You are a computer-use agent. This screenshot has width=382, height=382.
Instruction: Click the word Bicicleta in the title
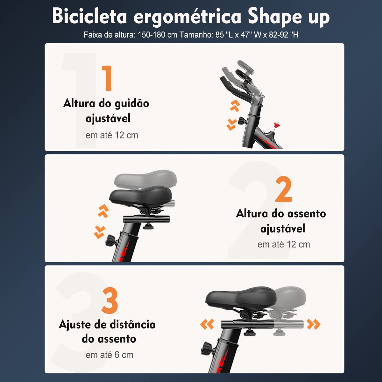click(89, 16)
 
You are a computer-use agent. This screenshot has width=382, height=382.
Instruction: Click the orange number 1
click(107, 78)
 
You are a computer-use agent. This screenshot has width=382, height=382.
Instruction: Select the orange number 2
click(283, 190)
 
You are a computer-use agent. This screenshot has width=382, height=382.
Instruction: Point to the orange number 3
click(110, 301)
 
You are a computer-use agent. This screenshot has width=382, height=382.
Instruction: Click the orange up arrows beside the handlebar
click(235, 105)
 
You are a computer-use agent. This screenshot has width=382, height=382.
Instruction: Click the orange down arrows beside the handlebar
click(231, 124)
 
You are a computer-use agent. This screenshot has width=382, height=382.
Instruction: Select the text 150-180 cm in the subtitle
click(157, 35)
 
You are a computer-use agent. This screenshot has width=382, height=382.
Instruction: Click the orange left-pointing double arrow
click(207, 324)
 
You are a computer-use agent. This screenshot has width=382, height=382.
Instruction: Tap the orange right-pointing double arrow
click(314, 324)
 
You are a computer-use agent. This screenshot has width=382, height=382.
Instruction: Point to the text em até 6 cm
click(110, 355)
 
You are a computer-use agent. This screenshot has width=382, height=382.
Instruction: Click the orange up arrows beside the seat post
click(103, 211)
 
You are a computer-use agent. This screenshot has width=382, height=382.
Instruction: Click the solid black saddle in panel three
click(240, 298)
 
